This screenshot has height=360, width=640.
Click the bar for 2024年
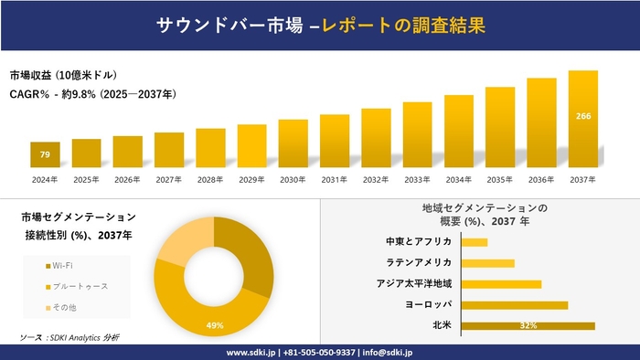click(45, 154)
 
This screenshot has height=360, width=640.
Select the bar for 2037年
click(582, 119)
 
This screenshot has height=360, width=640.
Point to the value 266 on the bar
click(582, 116)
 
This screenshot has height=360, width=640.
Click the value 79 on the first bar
click(45, 155)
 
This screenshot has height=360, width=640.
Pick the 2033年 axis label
click(417, 179)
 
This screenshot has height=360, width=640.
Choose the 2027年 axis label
click(169, 179)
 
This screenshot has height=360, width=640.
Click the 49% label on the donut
click(215, 326)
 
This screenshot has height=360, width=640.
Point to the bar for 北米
click(528, 325)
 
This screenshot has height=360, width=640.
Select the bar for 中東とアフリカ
click(475, 242)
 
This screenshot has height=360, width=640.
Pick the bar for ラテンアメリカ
click(488, 263)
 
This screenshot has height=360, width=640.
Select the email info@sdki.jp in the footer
click(388, 352)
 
